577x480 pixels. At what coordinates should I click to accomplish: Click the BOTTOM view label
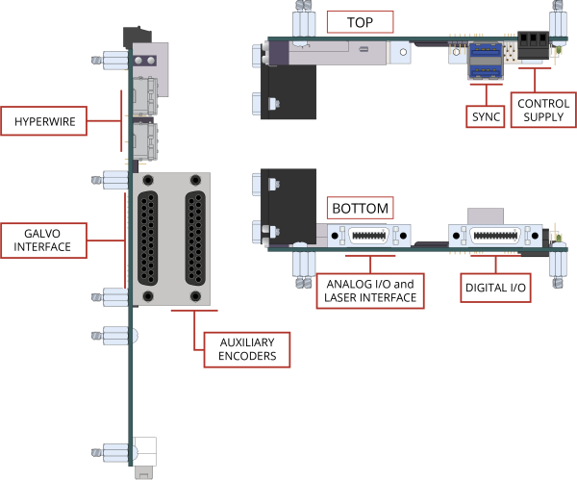(x=360, y=208)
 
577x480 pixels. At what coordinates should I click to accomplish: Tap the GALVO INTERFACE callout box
(x=44, y=239)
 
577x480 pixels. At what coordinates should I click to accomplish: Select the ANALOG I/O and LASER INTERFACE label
(x=371, y=291)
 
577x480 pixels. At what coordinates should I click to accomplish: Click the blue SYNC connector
(x=486, y=62)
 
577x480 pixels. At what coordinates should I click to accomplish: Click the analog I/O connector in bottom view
(x=364, y=235)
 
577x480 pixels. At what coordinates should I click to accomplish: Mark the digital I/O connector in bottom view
(x=496, y=235)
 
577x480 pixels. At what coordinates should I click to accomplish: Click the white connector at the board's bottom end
(x=145, y=452)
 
